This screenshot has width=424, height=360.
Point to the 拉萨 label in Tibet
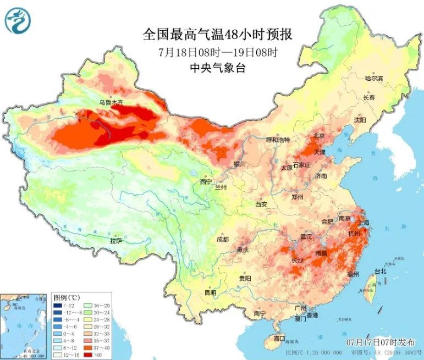(x=116, y=241)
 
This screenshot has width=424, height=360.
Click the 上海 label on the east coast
(x=362, y=223)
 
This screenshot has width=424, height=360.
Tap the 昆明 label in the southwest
(x=211, y=292)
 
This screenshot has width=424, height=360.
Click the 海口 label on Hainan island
(x=279, y=337)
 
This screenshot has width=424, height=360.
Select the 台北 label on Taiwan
(x=380, y=271)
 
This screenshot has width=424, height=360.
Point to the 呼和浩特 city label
(x=278, y=140)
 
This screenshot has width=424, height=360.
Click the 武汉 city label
(x=306, y=237)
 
